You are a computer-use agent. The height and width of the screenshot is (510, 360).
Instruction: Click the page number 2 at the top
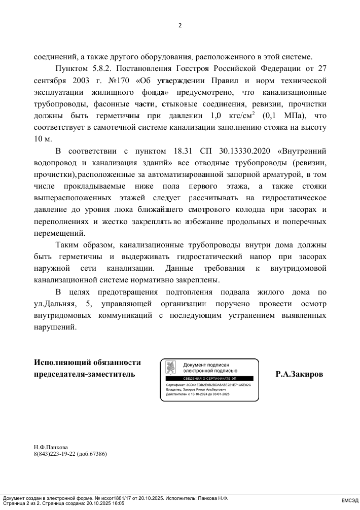coord(179,25)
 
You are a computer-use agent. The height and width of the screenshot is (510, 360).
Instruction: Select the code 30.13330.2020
coord(243,151)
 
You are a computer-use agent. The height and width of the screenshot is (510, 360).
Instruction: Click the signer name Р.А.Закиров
coord(299,375)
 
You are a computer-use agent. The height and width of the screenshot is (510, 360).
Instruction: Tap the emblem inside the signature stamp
coord(171,368)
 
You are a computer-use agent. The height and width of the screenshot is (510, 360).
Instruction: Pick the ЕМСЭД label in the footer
coord(349,501)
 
